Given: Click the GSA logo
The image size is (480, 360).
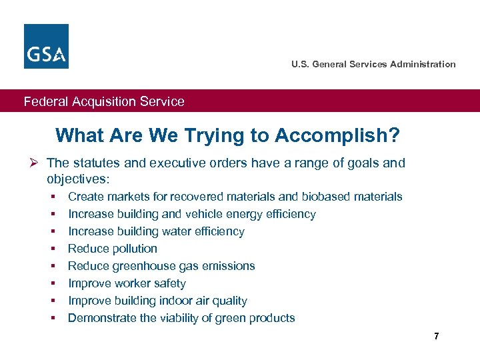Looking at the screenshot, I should [x=46, y=46].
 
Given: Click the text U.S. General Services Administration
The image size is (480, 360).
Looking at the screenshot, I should [x=373, y=64].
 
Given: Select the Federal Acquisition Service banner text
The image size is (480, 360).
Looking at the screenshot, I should [x=104, y=101].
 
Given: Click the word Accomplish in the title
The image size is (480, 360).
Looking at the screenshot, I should [x=340, y=136].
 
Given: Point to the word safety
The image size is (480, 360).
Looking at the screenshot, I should [x=169, y=283].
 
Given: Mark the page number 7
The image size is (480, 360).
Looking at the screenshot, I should [x=436, y=336].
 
